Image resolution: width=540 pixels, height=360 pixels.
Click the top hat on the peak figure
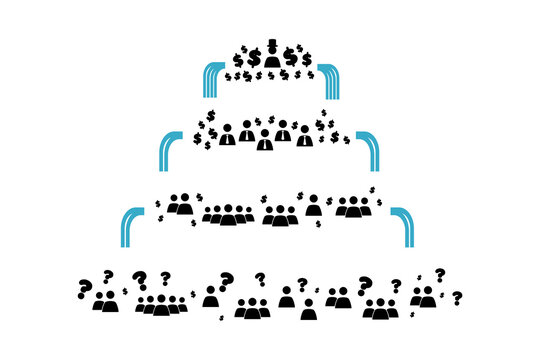pos(269,47)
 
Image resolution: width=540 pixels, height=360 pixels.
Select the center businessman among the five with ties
pos(264,140)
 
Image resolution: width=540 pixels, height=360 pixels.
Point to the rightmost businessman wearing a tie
pos(304,135)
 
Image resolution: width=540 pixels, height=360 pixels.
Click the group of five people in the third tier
pos(230,213)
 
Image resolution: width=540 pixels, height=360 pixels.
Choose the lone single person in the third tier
pos(313,205)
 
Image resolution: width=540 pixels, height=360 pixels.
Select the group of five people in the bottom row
pos(160,305)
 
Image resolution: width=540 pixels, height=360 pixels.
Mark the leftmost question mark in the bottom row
pos(83,289)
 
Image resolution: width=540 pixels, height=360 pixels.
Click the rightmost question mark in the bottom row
pos(456,298)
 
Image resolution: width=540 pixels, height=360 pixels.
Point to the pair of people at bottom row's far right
pos(426,297)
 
